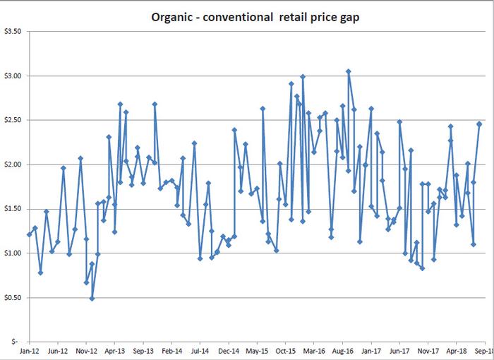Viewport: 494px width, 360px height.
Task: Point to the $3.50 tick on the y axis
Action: pyautogui.click(x=13, y=32)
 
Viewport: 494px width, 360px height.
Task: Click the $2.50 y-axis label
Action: pyautogui.click(x=13, y=120)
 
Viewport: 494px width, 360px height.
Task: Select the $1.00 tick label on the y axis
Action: pyautogui.click(x=13, y=253)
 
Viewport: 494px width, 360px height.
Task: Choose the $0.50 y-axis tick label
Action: pyautogui.click(x=13, y=298)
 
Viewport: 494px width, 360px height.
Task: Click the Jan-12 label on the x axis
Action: pyautogui.click(x=30, y=350)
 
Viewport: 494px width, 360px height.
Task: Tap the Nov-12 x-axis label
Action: pyautogui.click(x=86, y=350)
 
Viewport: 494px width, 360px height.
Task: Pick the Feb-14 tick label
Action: pyautogui.click(x=171, y=350)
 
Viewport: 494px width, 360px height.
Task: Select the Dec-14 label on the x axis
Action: pyautogui.click(x=229, y=350)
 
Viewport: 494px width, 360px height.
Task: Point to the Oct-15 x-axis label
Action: pyautogui.click(x=286, y=350)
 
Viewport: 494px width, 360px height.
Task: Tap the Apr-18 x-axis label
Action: pyautogui.click(x=457, y=350)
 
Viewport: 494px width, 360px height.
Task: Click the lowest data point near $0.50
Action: pyautogui.click(x=92, y=299)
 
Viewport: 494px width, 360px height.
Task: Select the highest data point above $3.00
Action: pyautogui.click(x=348, y=71)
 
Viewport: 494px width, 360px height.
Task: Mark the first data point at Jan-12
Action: pyautogui.click(x=30, y=234)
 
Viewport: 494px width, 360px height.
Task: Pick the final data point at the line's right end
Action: pyautogui.click(x=479, y=124)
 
